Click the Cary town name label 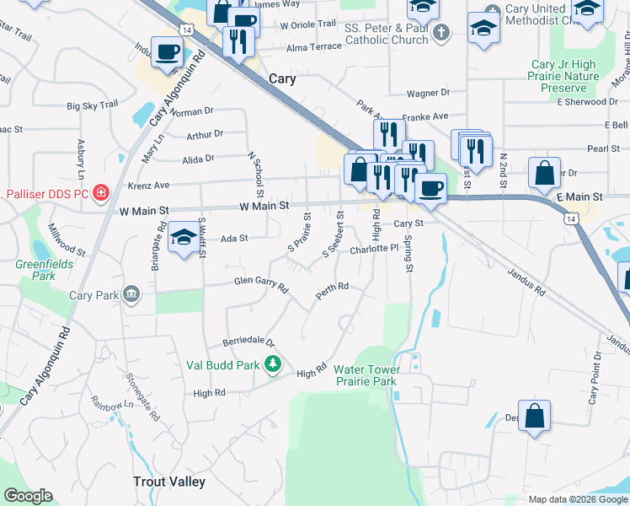pos(284,78)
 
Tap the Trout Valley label pos(169,482)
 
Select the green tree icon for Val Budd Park pos(273,364)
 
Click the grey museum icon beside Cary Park pos(131,294)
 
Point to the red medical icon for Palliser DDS pos(101,193)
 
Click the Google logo pos(28,496)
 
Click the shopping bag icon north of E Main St pos(544,173)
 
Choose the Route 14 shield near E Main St pos(572,218)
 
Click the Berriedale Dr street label pos(249,342)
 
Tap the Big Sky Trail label pos(93,105)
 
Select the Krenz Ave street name pos(149,185)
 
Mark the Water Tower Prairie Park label pos(365,375)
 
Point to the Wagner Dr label pos(428,93)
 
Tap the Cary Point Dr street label pos(593,379)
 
